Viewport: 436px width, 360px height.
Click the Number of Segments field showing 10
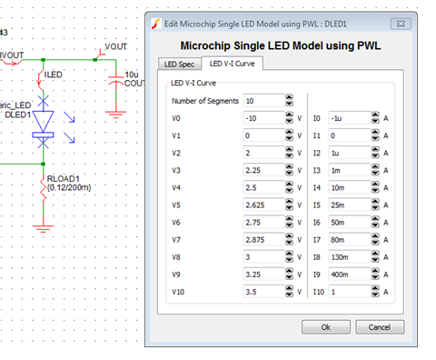262,101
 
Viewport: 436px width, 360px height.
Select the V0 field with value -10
262,118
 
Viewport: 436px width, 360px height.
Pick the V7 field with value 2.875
262,240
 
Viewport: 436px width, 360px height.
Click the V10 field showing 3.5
262,292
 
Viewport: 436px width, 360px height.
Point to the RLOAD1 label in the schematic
64,178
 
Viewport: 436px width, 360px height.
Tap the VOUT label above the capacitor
116,45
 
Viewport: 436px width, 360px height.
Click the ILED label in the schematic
54,75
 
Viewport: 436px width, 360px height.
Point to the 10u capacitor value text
131,73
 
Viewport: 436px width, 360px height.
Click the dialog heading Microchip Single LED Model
280,43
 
